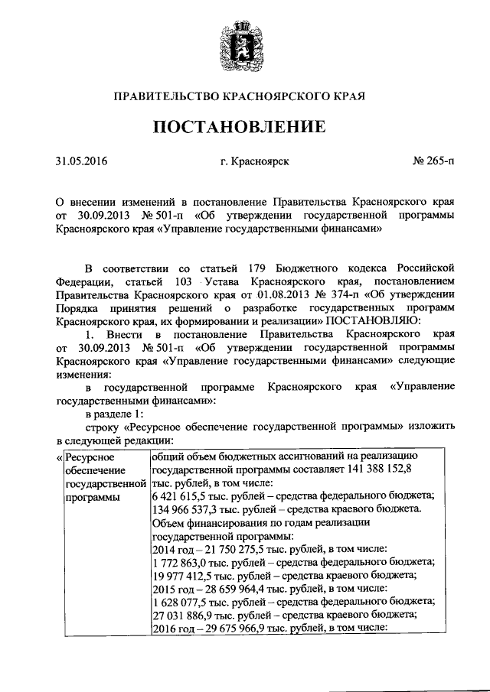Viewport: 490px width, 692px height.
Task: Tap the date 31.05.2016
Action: point(82,162)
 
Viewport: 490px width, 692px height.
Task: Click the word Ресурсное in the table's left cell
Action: point(90,457)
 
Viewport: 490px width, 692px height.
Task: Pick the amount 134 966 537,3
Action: point(185,509)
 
